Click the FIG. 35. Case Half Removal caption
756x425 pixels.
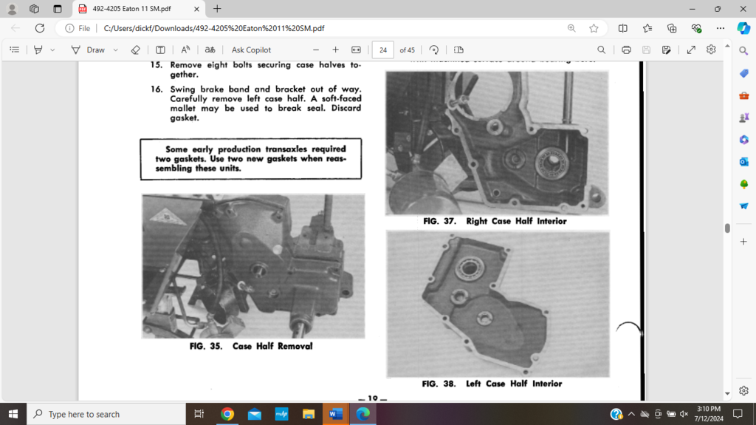(251, 346)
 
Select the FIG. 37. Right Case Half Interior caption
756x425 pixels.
(495, 221)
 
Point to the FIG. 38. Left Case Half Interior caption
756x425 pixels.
(492, 384)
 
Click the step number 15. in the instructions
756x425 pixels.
(157, 64)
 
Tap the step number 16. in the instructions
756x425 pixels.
(157, 89)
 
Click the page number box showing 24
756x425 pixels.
(382, 50)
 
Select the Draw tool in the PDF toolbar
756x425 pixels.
(88, 50)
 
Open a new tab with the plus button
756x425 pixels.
(217, 9)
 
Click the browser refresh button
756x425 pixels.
(38, 28)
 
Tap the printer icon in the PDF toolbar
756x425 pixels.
(626, 50)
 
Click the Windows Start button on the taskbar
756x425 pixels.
(13, 414)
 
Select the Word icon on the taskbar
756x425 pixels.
(335, 414)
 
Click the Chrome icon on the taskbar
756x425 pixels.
(227, 414)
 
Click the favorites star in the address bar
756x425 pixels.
(594, 28)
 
